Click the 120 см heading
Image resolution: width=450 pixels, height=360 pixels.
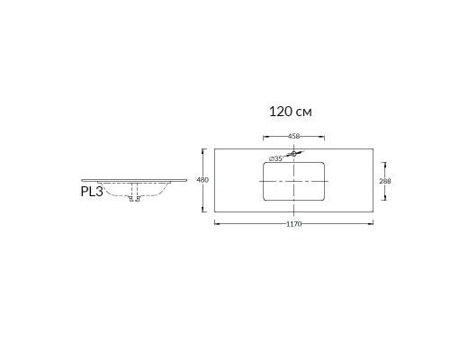[x=290, y=112]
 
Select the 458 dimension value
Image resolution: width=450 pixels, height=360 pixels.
[x=293, y=136]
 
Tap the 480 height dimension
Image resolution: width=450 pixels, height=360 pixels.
[x=202, y=180]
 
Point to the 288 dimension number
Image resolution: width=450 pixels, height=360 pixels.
[x=385, y=181]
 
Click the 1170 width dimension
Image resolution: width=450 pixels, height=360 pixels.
[x=293, y=224]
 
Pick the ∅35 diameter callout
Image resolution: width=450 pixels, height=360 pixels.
[x=275, y=158]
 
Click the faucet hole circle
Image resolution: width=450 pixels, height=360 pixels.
[x=293, y=154]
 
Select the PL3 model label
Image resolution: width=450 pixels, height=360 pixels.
[x=92, y=192]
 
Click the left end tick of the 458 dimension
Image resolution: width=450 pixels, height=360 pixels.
[x=264, y=138]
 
